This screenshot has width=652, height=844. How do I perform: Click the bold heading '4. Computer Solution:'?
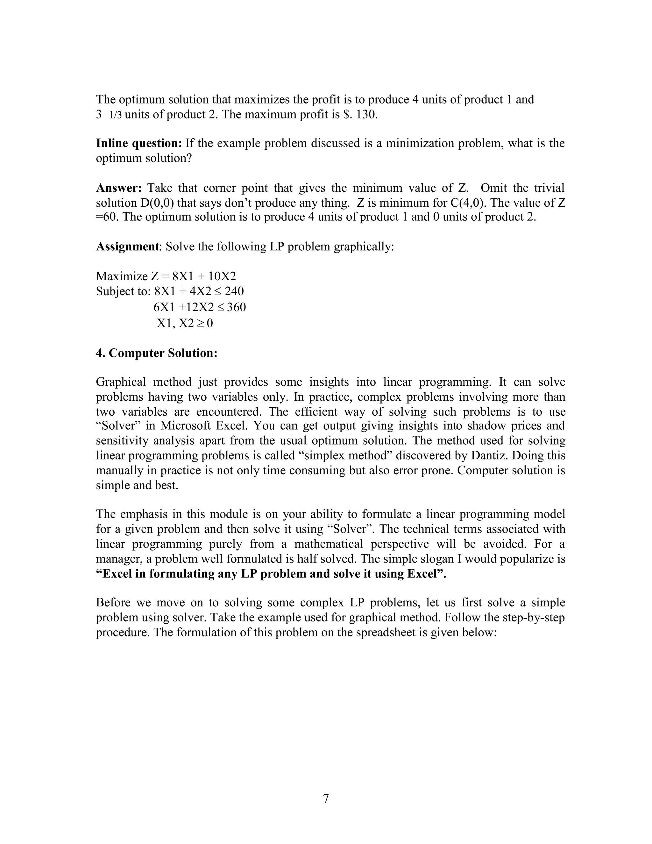(156, 353)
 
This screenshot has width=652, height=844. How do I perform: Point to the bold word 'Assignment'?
(127, 247)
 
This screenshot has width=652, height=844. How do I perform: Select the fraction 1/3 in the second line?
(116, 115)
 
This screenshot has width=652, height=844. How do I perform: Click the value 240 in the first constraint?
(234, 291)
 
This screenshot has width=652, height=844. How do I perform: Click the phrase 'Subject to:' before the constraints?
(123, 291)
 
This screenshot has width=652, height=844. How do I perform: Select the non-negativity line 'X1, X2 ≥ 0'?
(185, 323)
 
